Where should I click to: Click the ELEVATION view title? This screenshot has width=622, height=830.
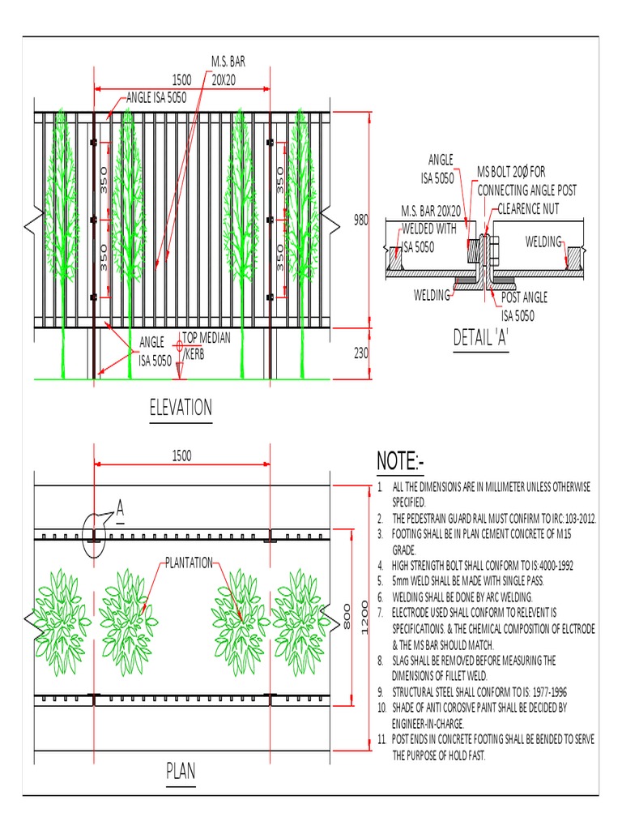[x=180, y=408]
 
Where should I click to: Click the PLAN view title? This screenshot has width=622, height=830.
[x=181, y=770]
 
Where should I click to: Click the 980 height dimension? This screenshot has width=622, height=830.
[x=361, y=220]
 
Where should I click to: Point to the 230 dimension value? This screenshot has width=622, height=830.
[x=361, y=353]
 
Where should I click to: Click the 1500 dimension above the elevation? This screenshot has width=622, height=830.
[x=181, y=79]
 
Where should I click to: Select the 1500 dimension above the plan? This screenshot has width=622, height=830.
[x=181, y=456]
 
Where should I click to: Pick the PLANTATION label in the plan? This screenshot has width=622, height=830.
[x=189, y=562]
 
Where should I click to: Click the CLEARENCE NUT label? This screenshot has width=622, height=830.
[x=528, y=208]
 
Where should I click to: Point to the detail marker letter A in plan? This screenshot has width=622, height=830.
[x=120, y=508]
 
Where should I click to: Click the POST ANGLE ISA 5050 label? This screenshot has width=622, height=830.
[x=518, y=309]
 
